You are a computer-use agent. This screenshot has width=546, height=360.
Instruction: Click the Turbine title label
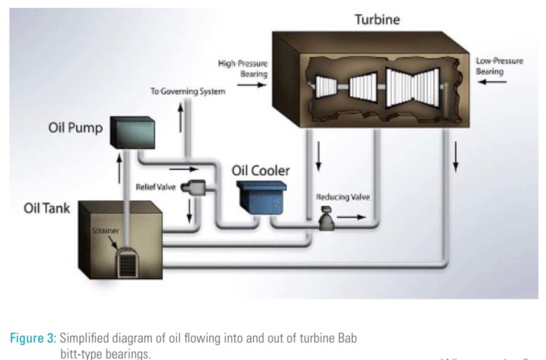pyautogui.click(x=376, y=20)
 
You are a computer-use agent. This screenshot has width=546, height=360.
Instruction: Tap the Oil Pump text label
pyautogui.click(x=75, y=128)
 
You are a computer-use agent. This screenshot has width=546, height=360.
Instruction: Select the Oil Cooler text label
pyautogui.click(x=261, y=170)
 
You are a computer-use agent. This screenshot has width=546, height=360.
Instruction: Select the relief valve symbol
pyautogui.click(x=194, y=187)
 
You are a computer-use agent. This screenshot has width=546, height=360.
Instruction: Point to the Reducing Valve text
pyautogui.click(x=342, y=196)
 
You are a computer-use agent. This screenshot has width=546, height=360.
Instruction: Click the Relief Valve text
pyautogui.click(x=155, y=186)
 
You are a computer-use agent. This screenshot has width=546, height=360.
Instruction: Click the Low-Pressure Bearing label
pyautogui.click(x=499, y=66)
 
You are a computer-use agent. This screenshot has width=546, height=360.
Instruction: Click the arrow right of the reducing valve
pyautogui.click(x=352, y=217)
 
